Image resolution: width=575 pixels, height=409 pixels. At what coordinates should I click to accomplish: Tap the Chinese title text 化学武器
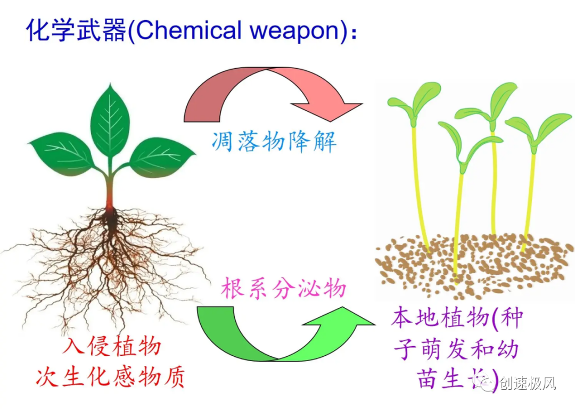coord(77,30)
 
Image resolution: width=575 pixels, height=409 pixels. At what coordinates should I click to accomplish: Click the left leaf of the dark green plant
coord(61,152)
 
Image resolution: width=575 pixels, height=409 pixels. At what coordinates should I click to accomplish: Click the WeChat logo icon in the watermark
coord(487,382)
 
